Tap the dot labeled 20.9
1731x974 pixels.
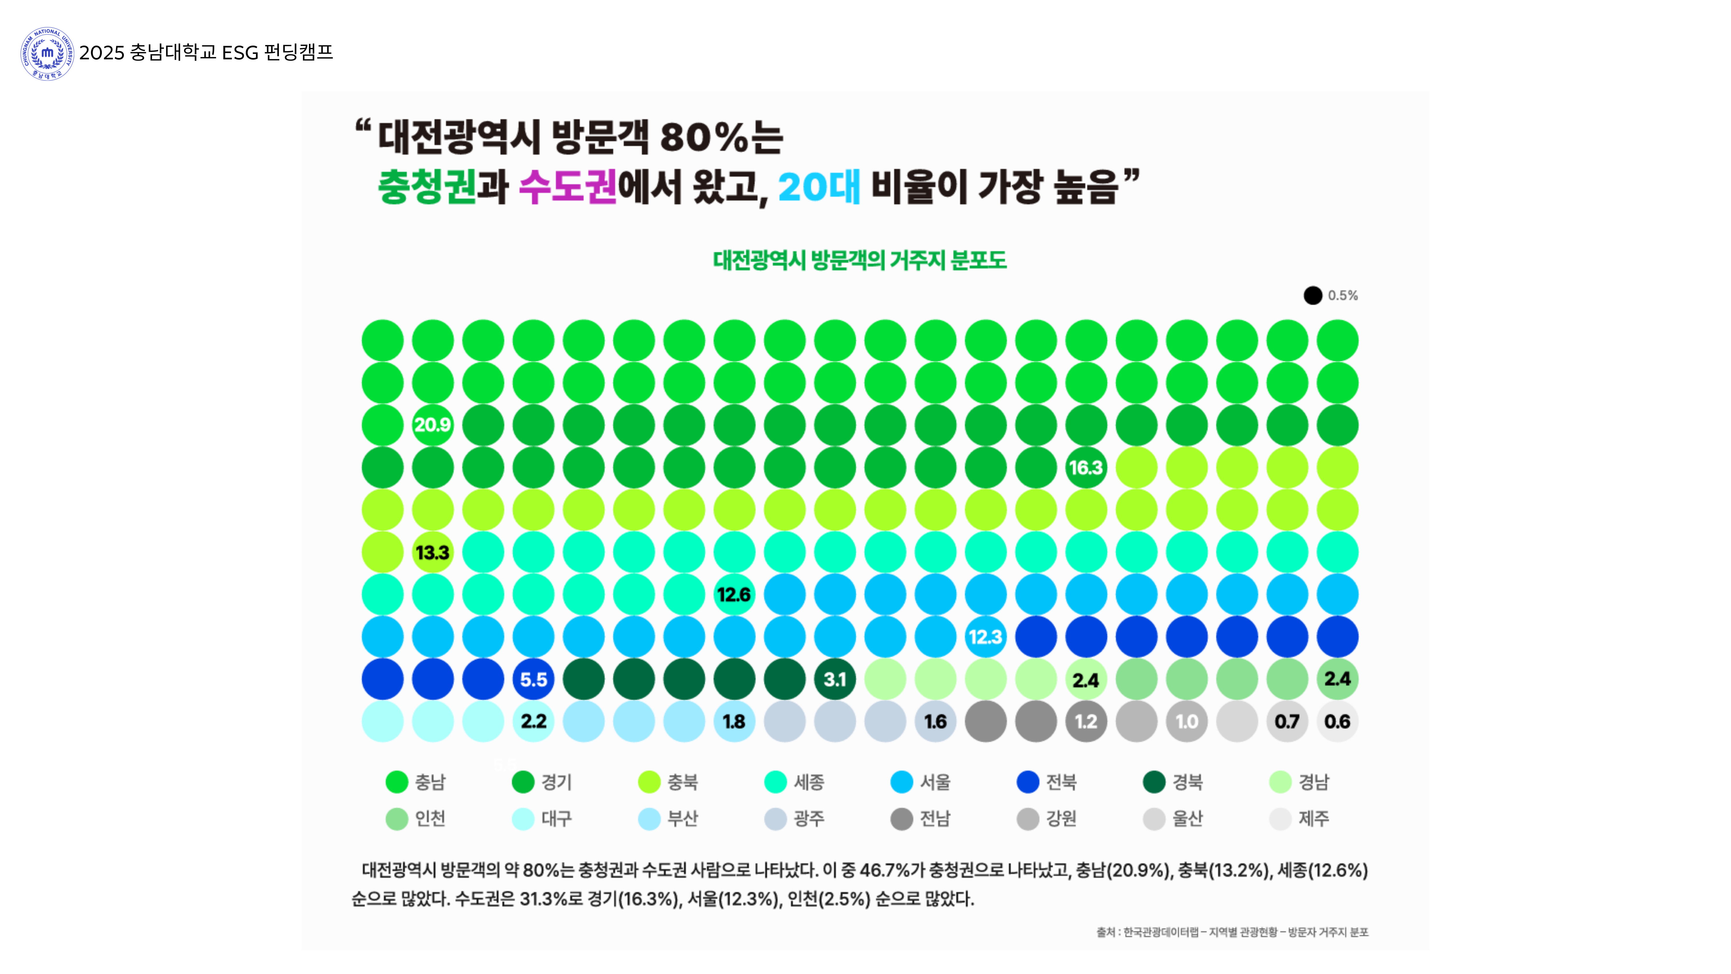[x=432, y=425]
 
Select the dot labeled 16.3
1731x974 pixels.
[x=1086, y=467]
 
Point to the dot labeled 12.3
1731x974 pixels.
[x=985, y=637]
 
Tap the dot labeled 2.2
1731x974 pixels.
[x=533, y=721]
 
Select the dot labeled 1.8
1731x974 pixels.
[x=734, y=721]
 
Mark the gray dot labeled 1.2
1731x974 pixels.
[x=1086, y=721]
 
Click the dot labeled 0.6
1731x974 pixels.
[x=1337, y=721]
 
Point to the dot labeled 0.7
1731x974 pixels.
[x=1287, y=721]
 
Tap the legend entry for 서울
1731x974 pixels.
[x=921, y=782]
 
